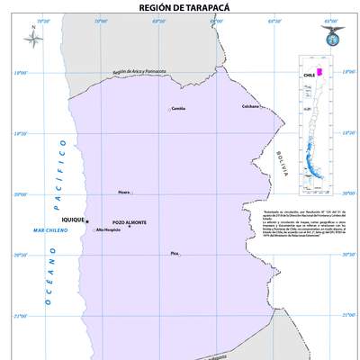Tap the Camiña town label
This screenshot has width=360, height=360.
pyautogui.click(x=177, y=109)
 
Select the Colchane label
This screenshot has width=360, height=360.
pyautogui.click(x=251, y=106)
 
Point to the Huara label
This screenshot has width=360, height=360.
pyautogui.click(x=124, y=192)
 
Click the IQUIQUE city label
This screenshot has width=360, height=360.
pyautogui.click(x=71, y=220)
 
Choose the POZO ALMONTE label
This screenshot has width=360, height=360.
pyautogui.click(x=130, y=221)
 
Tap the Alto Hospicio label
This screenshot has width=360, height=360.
pyautogui.click(x=108, y=230)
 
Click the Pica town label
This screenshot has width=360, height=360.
pyautogui.click(x=175, y=253)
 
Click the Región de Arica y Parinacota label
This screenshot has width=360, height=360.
pyautogui.click(x=139, y=73)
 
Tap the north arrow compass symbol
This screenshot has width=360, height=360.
pyautogui.click(x=30, y=38)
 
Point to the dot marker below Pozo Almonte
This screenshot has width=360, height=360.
pyautogui.click(x=130, y=227)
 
